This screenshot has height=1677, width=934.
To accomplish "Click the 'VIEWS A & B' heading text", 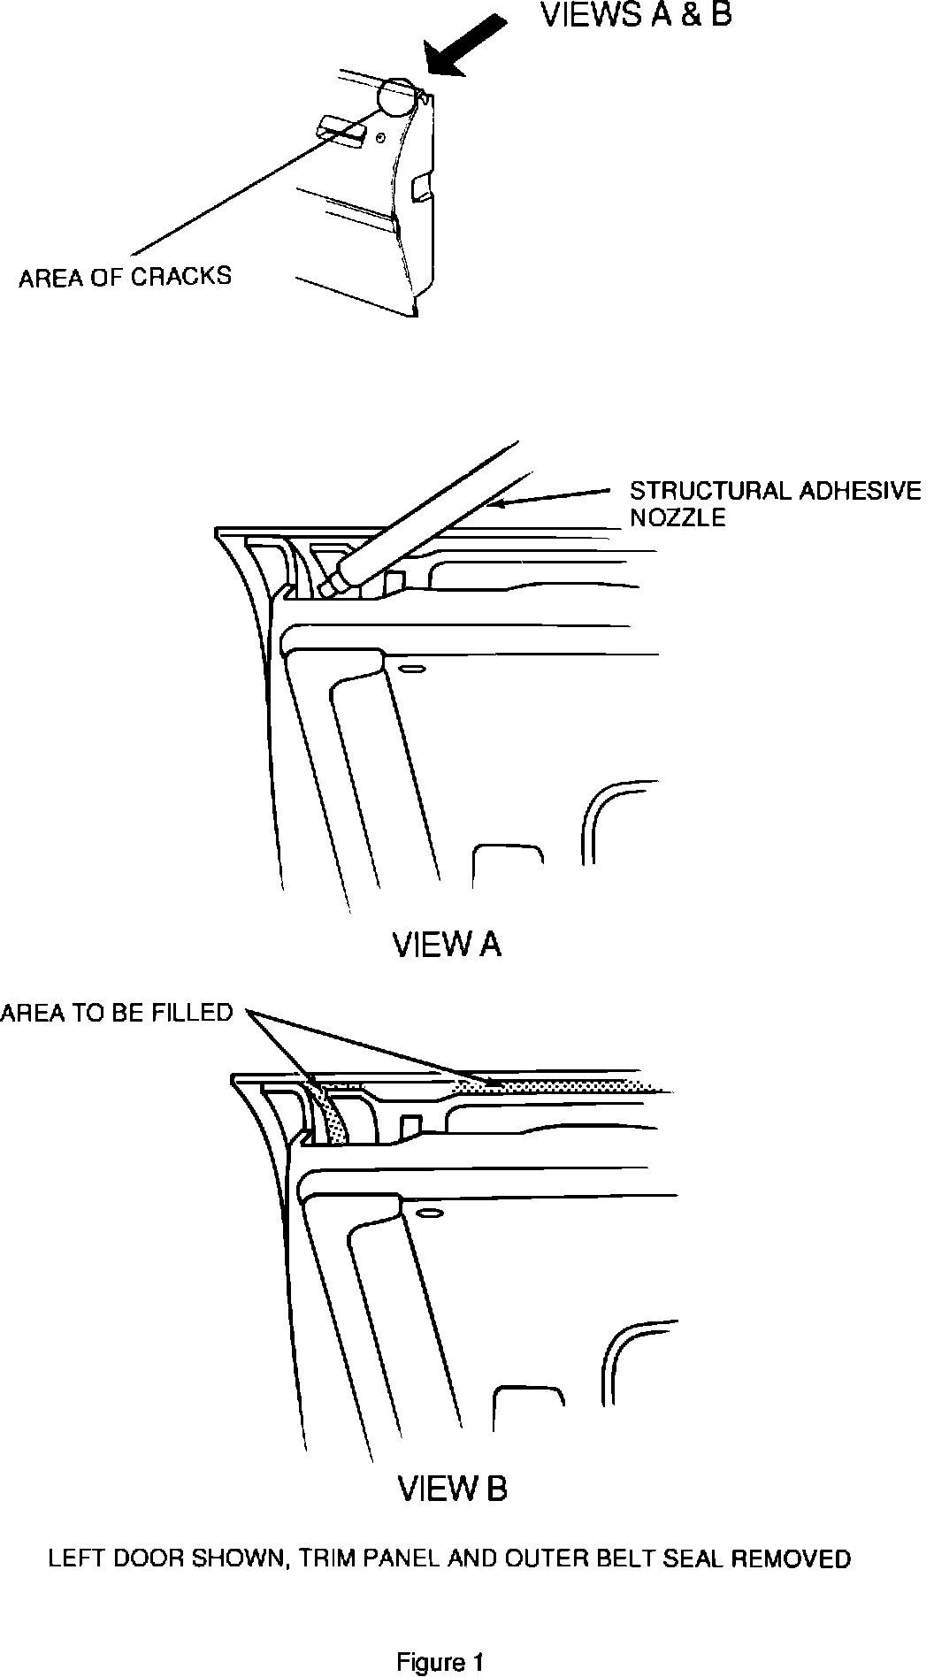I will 636,15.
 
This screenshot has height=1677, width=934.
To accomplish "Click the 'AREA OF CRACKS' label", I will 125,277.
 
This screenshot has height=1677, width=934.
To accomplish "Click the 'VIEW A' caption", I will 447,945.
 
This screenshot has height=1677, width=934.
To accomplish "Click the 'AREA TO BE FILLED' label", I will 116,1012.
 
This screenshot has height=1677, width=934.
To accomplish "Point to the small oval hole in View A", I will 408,670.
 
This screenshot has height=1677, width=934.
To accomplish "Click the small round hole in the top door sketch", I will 379,138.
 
